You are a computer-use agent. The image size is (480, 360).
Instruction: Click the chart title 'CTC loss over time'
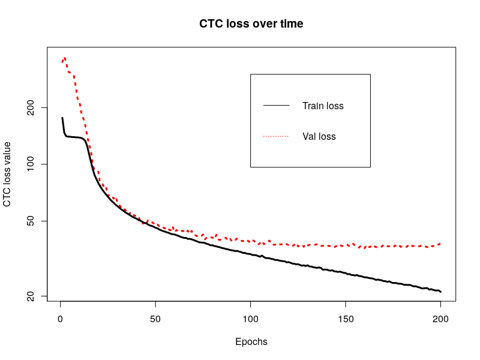pyautogui.click(x=251, y=24)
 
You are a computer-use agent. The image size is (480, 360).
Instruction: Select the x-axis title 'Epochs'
pyautogui.click(x=251, y=342)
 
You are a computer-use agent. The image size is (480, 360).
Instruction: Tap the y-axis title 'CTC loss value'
pyautogui.click(x=7, y=174)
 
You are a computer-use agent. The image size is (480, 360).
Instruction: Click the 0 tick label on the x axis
pyautogui.click(x=60, y=319)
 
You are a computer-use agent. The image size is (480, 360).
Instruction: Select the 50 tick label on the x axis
pyautogui.click(x=155, y=319)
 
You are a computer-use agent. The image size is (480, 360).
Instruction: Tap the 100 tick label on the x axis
pyautogui.click(x=250, y=319)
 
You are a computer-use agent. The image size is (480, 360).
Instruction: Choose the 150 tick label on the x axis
pyautogui.click(x=346, y=319)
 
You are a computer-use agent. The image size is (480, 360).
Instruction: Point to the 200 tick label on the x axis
pyautogui.click(x=440, y=319)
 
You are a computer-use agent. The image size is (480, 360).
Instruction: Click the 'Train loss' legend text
pyautogui.click(x=323, y=106)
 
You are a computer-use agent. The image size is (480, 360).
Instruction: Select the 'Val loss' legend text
pyautogui.click(x=319, y=137)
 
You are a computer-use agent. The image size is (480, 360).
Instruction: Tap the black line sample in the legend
pyautogui.click(x=276, y=106)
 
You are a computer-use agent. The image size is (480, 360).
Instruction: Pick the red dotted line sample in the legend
pyautogui.click(x=276, y=137)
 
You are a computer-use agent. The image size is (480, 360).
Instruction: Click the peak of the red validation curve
pyautogui.click(x=64, y=58)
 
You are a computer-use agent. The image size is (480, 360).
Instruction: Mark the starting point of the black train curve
pyautogui.click(x=62, y=118)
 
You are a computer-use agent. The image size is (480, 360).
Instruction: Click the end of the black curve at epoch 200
pyautogui.click(x=440, y=292)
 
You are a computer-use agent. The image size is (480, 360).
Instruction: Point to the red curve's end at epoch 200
pyautogui.click(x=440, y=244)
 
